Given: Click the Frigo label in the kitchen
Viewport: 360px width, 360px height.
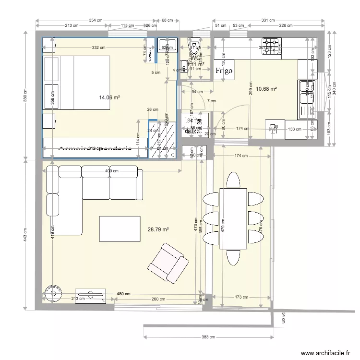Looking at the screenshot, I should click(224, 71).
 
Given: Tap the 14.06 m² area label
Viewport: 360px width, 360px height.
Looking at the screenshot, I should click(109, 97).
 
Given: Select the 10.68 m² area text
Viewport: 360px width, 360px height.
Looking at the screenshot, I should click(266, 89).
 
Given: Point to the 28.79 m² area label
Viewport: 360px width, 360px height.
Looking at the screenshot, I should click(158, 230).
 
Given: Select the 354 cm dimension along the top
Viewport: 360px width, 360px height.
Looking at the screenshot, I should click(96, 20).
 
